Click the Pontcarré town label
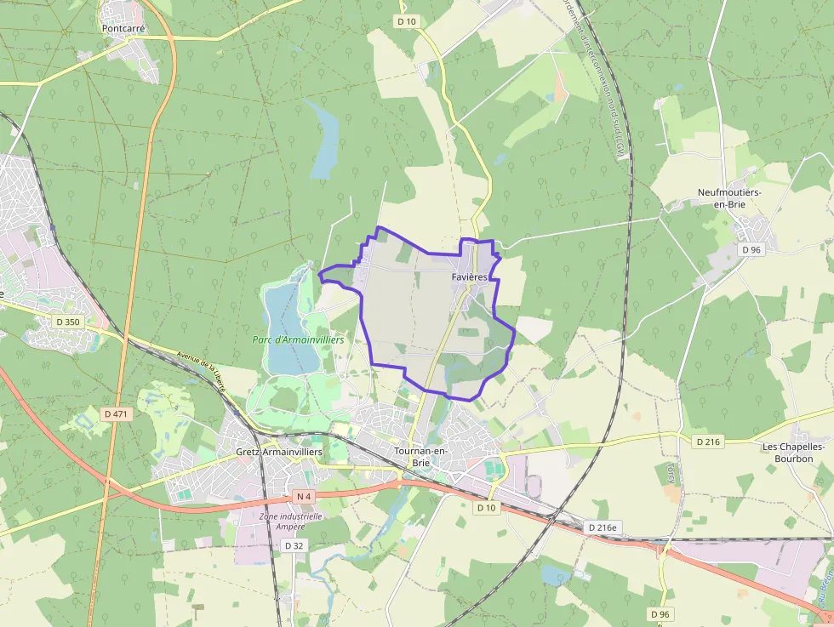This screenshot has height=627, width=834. point(123,28)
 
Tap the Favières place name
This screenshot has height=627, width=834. point(469,277)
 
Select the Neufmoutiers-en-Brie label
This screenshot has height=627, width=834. point(729,198)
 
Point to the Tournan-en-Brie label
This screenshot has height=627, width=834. point(420,456)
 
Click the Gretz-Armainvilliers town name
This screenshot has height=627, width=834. point(279,452)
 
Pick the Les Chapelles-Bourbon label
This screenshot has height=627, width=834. point(787,453)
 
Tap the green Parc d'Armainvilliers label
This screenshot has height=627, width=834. point(298,339)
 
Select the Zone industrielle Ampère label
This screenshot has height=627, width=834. point(290,521)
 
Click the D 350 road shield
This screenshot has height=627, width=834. point(67,322)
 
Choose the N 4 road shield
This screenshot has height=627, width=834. point(303,496)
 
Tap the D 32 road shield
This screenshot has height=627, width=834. point(294,545)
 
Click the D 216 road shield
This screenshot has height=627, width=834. point(707,442)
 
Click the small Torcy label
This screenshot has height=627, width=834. point(671,473)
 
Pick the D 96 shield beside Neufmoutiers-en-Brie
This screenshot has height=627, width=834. point(751,250)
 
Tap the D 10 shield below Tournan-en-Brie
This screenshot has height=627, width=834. point(486,507)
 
